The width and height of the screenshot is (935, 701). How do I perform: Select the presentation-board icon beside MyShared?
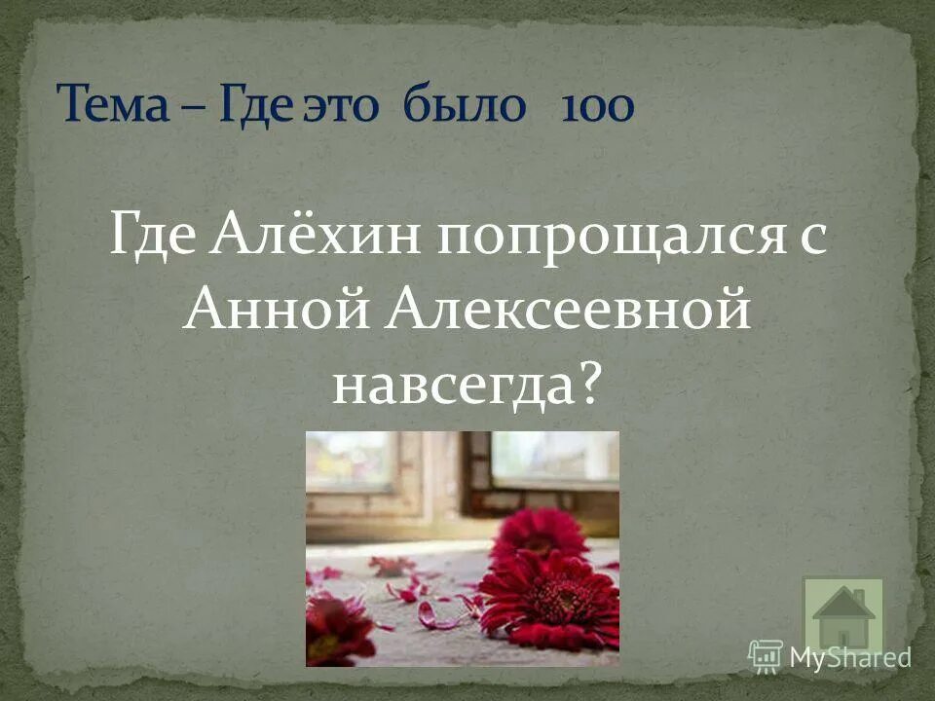pyautogui.click(x=766, y=655)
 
